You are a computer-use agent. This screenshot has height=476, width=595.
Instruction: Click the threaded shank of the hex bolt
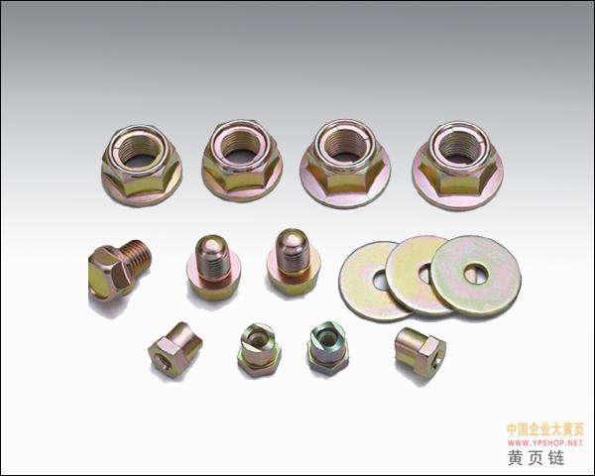[x=136, y=258]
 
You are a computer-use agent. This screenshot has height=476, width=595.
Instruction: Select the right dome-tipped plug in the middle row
[x=294, y=263]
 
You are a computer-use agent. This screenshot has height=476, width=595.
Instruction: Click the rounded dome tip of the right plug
[x=292, y=240]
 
